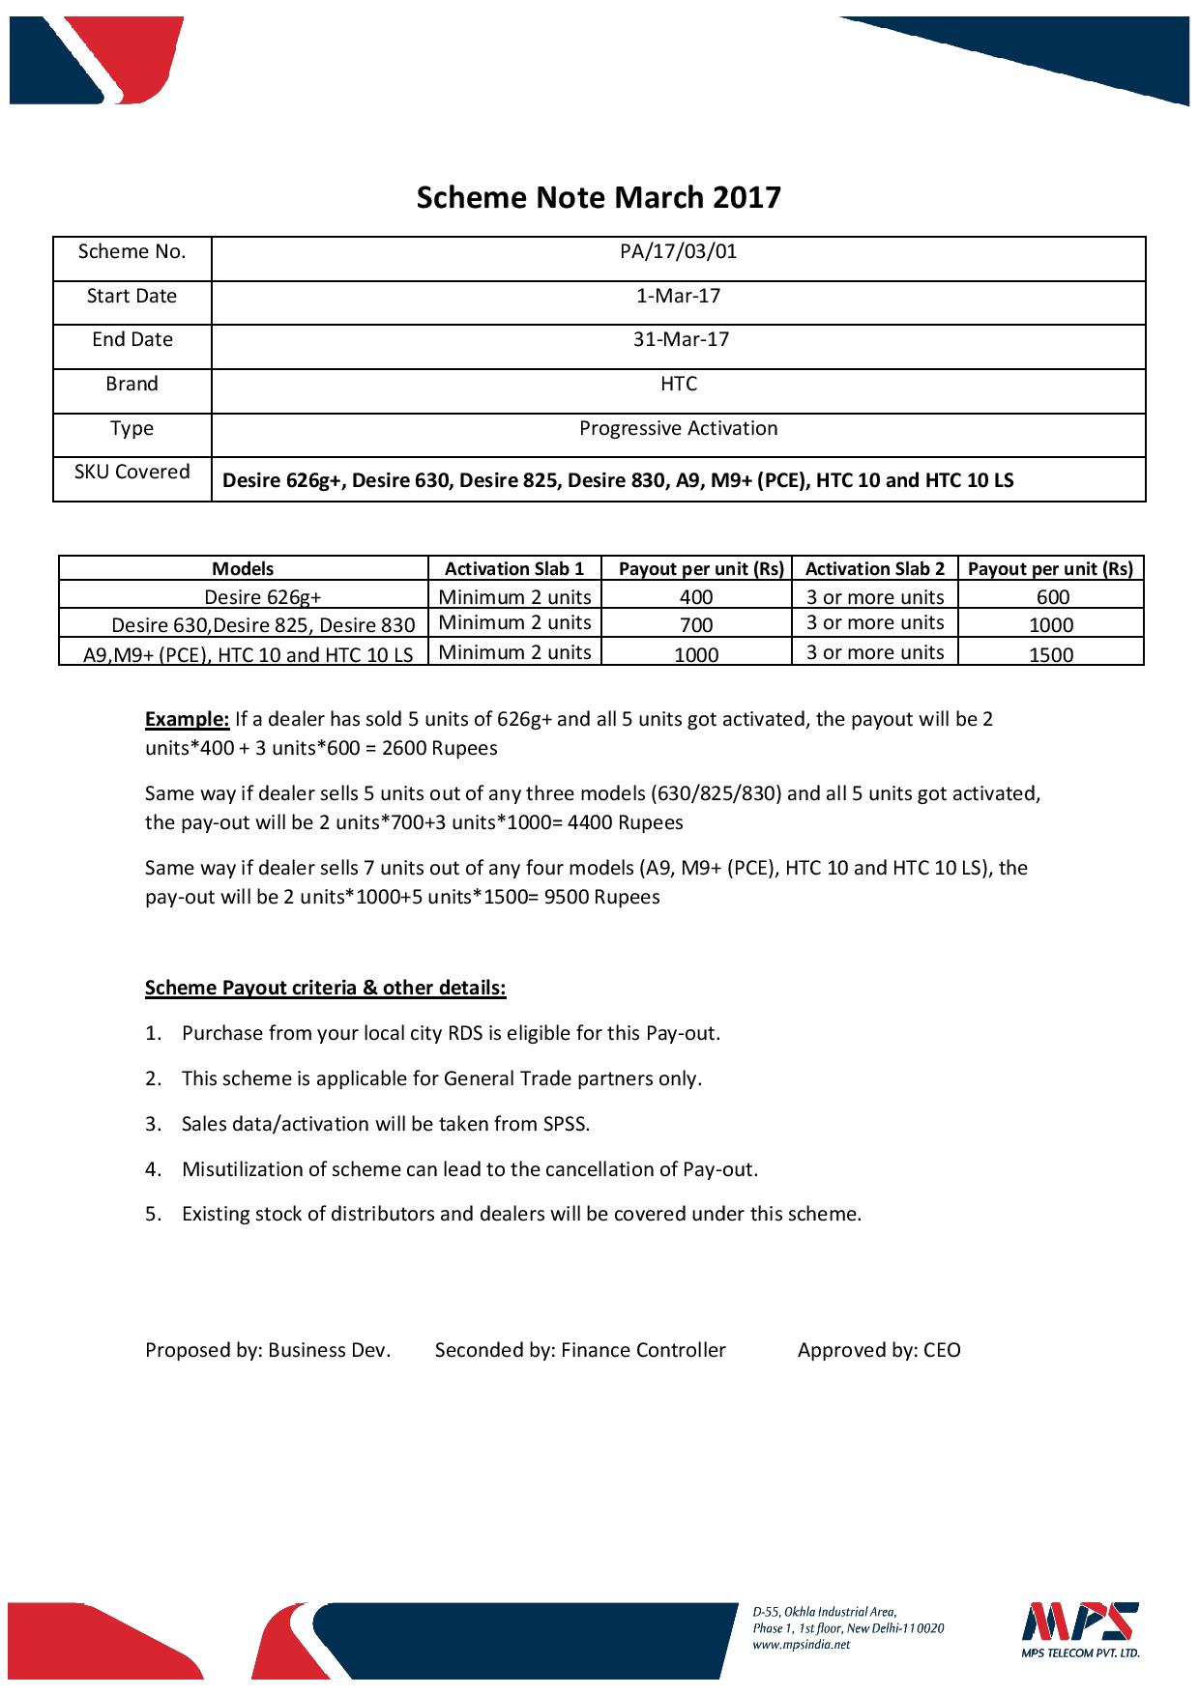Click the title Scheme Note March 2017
click(599, 198)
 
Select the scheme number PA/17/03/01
click(678, 252)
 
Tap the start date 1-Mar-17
click(678, 296)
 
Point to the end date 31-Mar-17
click(678, 339)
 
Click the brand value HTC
click(678, 384)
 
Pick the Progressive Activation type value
click(678, 428)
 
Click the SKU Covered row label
click(132, 473)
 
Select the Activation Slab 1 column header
click(514, 569)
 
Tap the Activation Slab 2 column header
click(875, 569)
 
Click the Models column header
click(243, 569)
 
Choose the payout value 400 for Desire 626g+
click(696, 597)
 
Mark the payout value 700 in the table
click(696, 625)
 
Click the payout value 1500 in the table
click(1051, 654)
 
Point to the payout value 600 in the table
click(1052, 597)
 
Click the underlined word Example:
click(187, 719)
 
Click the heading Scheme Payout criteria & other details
click(325, 988)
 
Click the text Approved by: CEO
click(879, 1350)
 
